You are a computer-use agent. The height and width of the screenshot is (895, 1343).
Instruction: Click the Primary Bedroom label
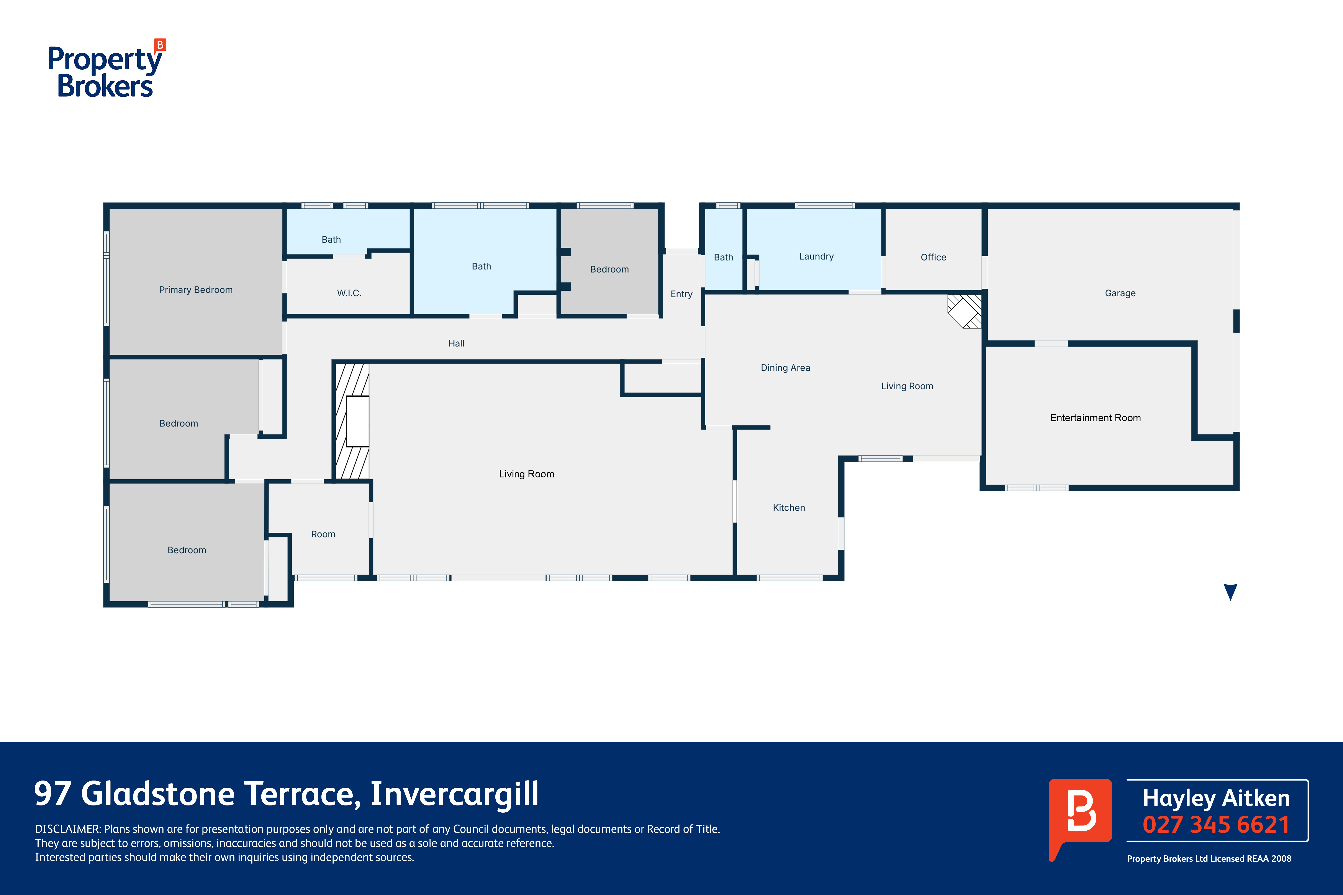[196, 290]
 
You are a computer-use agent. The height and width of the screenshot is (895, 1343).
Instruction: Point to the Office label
[933, 257]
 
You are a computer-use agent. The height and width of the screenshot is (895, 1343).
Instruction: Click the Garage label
[1120, 293]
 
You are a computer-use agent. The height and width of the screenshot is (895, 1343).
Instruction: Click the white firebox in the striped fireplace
[357, 421]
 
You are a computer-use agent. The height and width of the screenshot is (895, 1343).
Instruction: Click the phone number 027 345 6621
[1216, 825]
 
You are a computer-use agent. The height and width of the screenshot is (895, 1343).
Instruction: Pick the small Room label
[323, 534]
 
